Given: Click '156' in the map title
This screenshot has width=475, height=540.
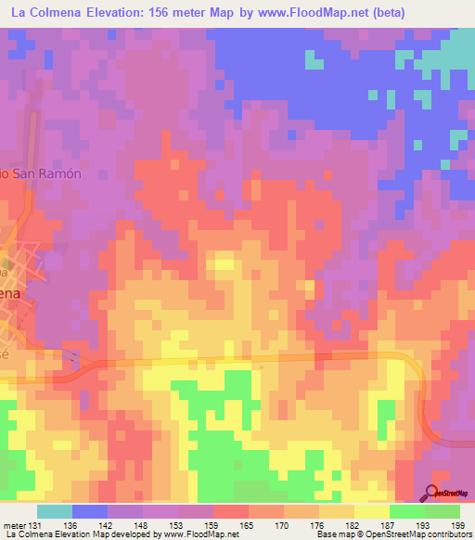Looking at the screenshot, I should pyautogui.click(x=181, y=13).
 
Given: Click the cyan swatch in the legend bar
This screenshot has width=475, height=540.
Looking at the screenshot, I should pyautogui.click(x=55, y=511).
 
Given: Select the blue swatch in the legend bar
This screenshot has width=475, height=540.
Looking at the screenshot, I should pyautogui.click(x=90, y=511).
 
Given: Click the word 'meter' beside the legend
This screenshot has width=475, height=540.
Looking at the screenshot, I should pyautogui.click(x=15, y=525).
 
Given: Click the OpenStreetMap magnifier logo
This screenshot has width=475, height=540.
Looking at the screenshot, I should pyautogui.click(x=433, y=493).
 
